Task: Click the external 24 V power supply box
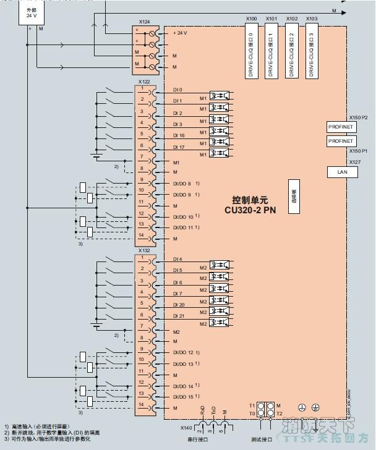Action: click(x=32, y=13)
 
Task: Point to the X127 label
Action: click(x=355, y=162)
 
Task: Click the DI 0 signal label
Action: click(x=177, y=90)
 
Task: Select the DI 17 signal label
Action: click(x=179, y=146)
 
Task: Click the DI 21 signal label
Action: click(x=179, y=316)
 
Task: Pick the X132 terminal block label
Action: click(x=144, y=251)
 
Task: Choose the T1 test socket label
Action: click(x=252, y=405)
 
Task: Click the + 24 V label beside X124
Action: click(x=180, y=32)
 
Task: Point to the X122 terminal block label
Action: click(x=144, y=82)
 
